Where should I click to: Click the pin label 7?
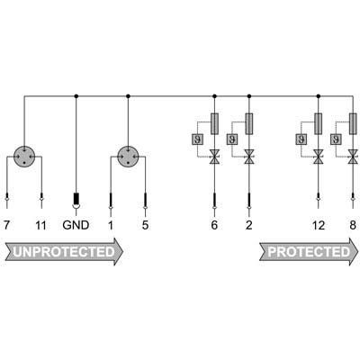pyautogui.click(x=6, y=225)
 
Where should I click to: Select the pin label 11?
pyautogui.click(x=40, y=225)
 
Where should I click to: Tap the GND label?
pyautogui.click(x=76, y=225)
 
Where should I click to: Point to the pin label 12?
pyautogui.click(x=319, y=225)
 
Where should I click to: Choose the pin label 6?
pyautogui.click(x=214, y=225)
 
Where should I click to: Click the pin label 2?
pyautogui.click(x=249, y=225)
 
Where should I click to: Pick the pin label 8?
pyautogui.click(x=353, y=225)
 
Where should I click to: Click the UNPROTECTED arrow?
pyautogui.click(x=64, y=252)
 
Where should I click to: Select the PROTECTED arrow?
pyautogui.click(x=309, y=252)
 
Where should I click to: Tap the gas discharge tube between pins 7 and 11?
pyautogui.click(x=24, y=157)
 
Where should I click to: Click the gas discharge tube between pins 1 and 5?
pyautogui.click(x=129, y=157)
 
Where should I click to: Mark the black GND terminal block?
pyautogui.click(x=76, y=198)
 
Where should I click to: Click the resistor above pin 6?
pyautogui.click(x=214, y=123)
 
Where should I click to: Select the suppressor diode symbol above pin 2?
pyautogui.click(x=248, y=157)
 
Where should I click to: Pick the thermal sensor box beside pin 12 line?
pyautogui.click(x=301, y=139)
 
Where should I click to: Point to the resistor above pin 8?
pyautogui.click(x=354, y=123)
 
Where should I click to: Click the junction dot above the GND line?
pyautogui.click(x=76, y=96)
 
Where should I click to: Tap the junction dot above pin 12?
pyautogui.click(x=319, y=96)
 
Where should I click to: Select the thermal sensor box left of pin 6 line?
pyautogui.click(x=197, y=139)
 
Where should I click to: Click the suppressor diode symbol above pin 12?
pyautogui.click(x=319, y=157)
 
